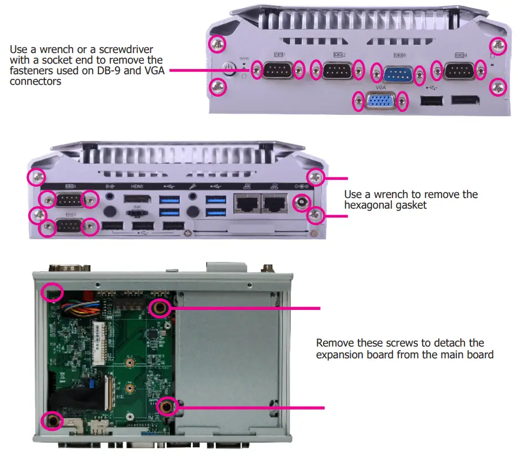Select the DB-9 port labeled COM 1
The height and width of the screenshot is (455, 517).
pyautogui.click(x=278, y=71)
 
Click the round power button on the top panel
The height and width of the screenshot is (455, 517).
pyautogui.click(x=229, y=70)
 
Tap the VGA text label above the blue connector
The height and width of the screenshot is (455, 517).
pyautogui.click(x=380, y=85)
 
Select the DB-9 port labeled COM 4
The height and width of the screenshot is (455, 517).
pyautogui.click(x=458, y=71)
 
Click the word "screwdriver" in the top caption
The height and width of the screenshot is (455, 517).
pyautogui.click(x=130, y=50)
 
